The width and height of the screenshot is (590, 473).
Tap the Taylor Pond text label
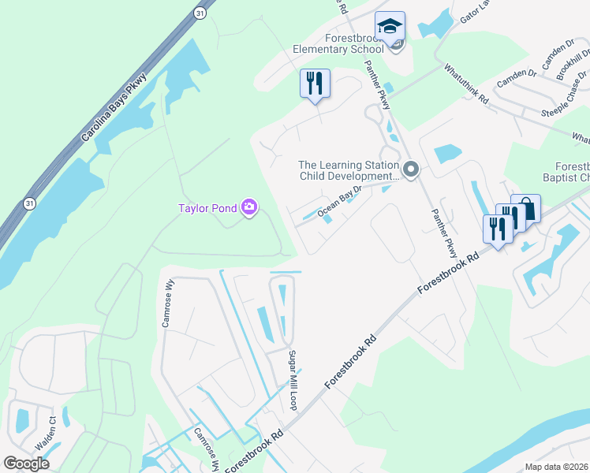point(207,208)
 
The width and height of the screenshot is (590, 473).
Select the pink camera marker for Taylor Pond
point(249,208)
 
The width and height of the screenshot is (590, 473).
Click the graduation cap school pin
point(390,27)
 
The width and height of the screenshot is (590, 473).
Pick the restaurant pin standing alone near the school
point(315,83)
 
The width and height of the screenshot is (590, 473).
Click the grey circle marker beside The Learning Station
point(409,169)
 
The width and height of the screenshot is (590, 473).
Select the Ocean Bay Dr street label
point(339,202)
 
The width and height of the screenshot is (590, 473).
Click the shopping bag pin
point(525,209)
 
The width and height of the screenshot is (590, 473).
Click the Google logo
point(27,464)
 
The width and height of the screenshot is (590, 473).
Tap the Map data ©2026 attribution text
point(557,467)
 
